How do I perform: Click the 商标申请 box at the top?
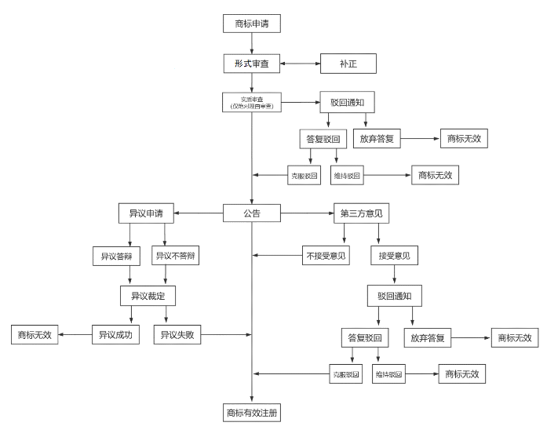tap(252, 24)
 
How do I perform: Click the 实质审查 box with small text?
tap(252, 102)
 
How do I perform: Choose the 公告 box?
tap(252, 213)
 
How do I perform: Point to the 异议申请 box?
tap(145, 213)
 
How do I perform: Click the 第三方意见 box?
tap(362, 213)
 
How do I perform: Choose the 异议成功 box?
tap(115, 335)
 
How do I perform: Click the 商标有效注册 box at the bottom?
tap(252, 413)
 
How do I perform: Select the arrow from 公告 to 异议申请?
tap(199, 213)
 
